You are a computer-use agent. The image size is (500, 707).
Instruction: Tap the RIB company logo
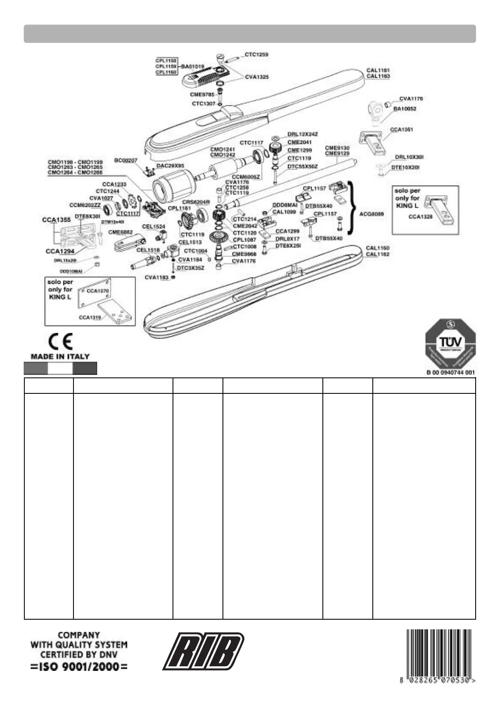pyautogui.click(x=204, y=651)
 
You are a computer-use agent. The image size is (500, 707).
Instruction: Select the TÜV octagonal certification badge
pyautogui.click(x=450, y=343)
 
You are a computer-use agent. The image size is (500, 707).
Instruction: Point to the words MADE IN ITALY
pyautogui.click(x=60, y=356)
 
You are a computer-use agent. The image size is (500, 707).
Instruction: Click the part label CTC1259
pyautogui.click(x=257, y=55)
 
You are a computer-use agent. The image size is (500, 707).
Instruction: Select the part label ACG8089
pyautogui.click(x=372, y=214)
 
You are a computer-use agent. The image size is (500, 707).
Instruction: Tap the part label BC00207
pyautogui.click(x=126, y=160)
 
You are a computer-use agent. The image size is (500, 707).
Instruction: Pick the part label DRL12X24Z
pyautogui.click(x=303, y=134)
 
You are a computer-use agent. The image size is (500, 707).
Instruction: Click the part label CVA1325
pyautogui.click(x=257, y=77)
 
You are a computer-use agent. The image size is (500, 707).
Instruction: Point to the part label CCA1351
pyautogui.click(x=401, y=130)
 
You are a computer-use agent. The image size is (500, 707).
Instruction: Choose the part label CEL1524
pyautogui.click(x=154, y=227)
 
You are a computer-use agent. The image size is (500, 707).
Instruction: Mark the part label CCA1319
pyautogui.click(x=90, y=317)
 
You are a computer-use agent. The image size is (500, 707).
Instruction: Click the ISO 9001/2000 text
pyautogui.click(x=79, y=667)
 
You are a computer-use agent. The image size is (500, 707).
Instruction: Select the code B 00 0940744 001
pyautogui.click(x=450, y=372)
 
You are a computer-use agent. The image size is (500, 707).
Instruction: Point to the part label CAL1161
pyautogui.click(x=378, y=71)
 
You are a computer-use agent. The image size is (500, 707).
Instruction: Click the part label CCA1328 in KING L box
pyautogui.click(x=420, y=217)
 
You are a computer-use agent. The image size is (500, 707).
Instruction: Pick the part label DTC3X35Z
pyautogui.click(x=191, y=268)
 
